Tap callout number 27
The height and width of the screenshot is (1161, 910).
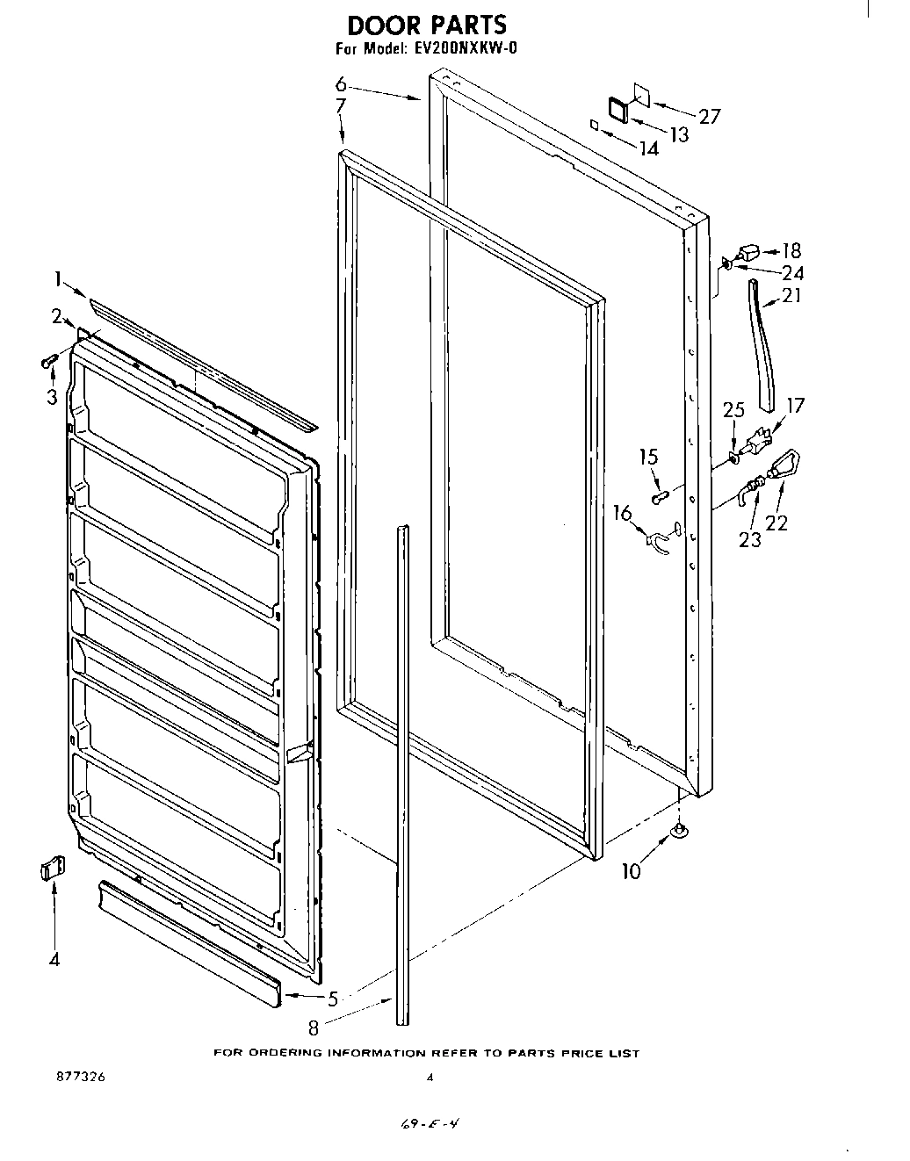pos(708,116)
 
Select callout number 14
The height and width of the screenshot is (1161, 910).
pos(648,149)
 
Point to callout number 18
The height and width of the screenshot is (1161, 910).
pos(791,251)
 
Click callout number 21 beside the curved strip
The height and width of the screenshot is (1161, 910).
pos(791,296)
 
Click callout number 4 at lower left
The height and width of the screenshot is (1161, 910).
pos(54,960)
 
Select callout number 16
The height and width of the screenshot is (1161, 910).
pos(622,513)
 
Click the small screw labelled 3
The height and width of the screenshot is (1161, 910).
pos(49,359)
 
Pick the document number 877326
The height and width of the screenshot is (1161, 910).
pos(78,1078)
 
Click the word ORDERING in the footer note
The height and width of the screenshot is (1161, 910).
pos(285,1053)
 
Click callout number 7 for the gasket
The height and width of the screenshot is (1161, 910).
pos(341,107)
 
